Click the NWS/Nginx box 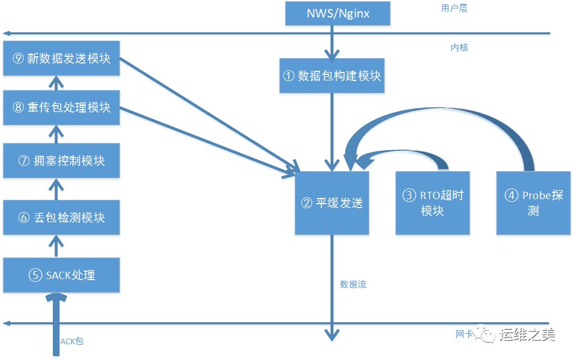coord(337,13)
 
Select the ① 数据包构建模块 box coord(332,75)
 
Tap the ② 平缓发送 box coord(332,203)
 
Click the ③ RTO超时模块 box coord(432,203)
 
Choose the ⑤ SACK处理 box coord(61,275)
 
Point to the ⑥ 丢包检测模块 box coord(61,217)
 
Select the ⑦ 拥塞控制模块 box coord(61,160)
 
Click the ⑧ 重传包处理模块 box coord(61,107)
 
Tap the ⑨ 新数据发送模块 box coord(61,58)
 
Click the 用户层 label coord(454,8)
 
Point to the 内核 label coord(459,47)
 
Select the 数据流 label coord(353,285)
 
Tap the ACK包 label coord(72,341)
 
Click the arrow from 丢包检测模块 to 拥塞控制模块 coord(55,189)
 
